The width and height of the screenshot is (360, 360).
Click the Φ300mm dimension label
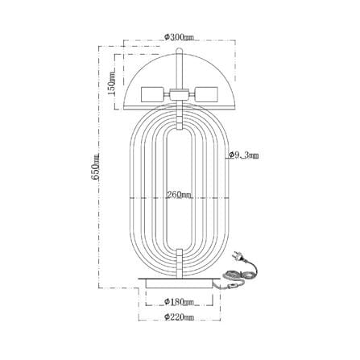tap(179, 37)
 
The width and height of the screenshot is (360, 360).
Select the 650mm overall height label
tap(96, 167)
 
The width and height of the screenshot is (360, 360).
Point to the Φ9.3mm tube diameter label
tap(244, 155)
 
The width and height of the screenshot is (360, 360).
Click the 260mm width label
tap(180, 195)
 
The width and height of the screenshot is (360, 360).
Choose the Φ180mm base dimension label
tap(179, 302)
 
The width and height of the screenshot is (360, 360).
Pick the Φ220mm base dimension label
tap(179, 317)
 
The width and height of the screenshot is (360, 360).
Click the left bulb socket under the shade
tap(152, 94)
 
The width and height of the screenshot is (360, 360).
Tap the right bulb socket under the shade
tap(206, 94)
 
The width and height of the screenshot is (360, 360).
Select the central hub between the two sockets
tap(179, 94)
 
